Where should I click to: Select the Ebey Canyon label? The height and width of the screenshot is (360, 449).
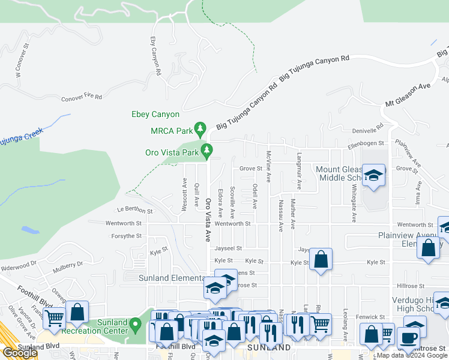coord(155,114)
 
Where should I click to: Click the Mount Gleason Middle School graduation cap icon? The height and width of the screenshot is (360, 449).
coord(373,175)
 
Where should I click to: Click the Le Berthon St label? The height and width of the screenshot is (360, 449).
coord(135,211)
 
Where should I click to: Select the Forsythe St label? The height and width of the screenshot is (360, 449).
coord(127,236)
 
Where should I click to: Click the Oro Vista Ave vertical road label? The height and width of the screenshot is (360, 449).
coord(209,220)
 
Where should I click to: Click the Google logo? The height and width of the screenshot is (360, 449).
coord(20,353)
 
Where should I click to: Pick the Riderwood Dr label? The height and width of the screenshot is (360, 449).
coord(19,266)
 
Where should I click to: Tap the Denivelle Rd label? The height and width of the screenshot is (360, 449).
coord(368,130)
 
